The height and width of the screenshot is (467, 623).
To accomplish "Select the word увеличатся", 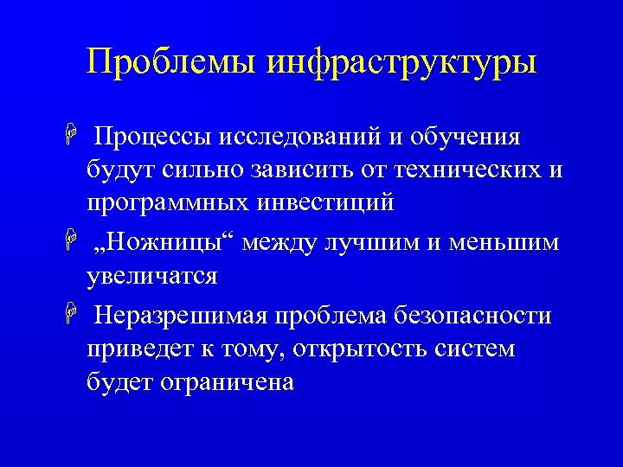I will (x=151, y=277).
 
